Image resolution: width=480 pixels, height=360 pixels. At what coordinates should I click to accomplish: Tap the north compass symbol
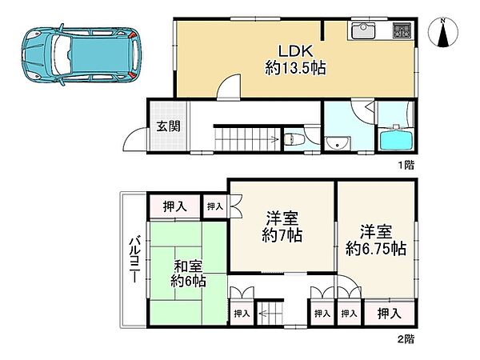pyautogui.click(x=442, y=33)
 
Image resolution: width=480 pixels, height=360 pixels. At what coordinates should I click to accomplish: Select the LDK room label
pyautogui.click(x=294, y=51)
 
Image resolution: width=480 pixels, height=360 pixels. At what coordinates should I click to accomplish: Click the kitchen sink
pyautogui.click(x=363, y=30)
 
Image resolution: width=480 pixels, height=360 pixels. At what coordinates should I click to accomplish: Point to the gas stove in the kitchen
pyautogui.click(x=402, y=30)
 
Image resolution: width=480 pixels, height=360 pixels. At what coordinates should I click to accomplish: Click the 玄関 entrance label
pyautogui.click(x=168, y=126)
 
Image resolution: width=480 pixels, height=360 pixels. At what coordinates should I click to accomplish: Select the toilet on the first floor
pyautogui.click(x=294, y=140)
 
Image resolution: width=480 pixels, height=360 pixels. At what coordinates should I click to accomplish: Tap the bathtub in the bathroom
pyautogui.click(x=396, y=139)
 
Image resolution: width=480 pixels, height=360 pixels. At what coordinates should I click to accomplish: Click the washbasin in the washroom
pyautogui.click(x=338, y=143)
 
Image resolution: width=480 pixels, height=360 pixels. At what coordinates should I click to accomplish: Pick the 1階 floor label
pyautogui.click(x=406, y=166)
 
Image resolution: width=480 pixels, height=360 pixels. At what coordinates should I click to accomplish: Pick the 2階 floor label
pyautogui.click(x=406, y=339)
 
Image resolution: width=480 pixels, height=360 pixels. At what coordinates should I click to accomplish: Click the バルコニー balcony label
pyautogui.click(x=134, y=259)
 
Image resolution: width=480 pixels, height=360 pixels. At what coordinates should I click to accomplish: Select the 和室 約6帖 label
pyautogui.click(x=188, y=274)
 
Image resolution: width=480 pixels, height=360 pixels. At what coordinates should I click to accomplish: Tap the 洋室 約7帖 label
pyautogui.click(x=282, y=227)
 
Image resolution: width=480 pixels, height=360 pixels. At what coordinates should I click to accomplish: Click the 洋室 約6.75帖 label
pyautogui.click(x=376, y=241)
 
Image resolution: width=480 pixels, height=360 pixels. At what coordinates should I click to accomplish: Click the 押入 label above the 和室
pyautogui.click(x=174, y=206)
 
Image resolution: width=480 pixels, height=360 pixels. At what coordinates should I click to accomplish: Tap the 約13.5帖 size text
pyautogui.click(x=295, y=68)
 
